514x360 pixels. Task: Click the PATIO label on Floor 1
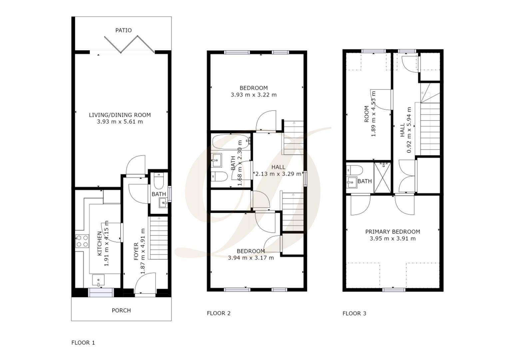(123, 30)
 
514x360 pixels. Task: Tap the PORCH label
(121, 310)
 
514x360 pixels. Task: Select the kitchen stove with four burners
(82, 241)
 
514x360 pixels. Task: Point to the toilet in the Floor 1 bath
(159, 180)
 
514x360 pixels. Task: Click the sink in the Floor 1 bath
(163, 202)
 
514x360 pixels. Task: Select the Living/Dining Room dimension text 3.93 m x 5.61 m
(120, 122)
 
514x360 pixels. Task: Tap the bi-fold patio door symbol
(129, 45)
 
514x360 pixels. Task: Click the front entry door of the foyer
(145, 285)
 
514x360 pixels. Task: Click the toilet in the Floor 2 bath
(219, 176)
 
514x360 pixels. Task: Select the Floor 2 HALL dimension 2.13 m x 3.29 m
(278, 174)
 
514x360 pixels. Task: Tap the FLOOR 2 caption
(219, 313)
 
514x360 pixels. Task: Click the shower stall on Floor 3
(383, 178)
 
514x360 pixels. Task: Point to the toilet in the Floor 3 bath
(354, 170)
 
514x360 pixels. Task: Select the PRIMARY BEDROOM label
(392, 232)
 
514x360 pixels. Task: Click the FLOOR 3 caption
(354, 313)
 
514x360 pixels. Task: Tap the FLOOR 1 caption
(83, 342)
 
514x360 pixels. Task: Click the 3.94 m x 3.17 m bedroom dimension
(251, 258)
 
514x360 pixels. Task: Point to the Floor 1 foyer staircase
(158, 238)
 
